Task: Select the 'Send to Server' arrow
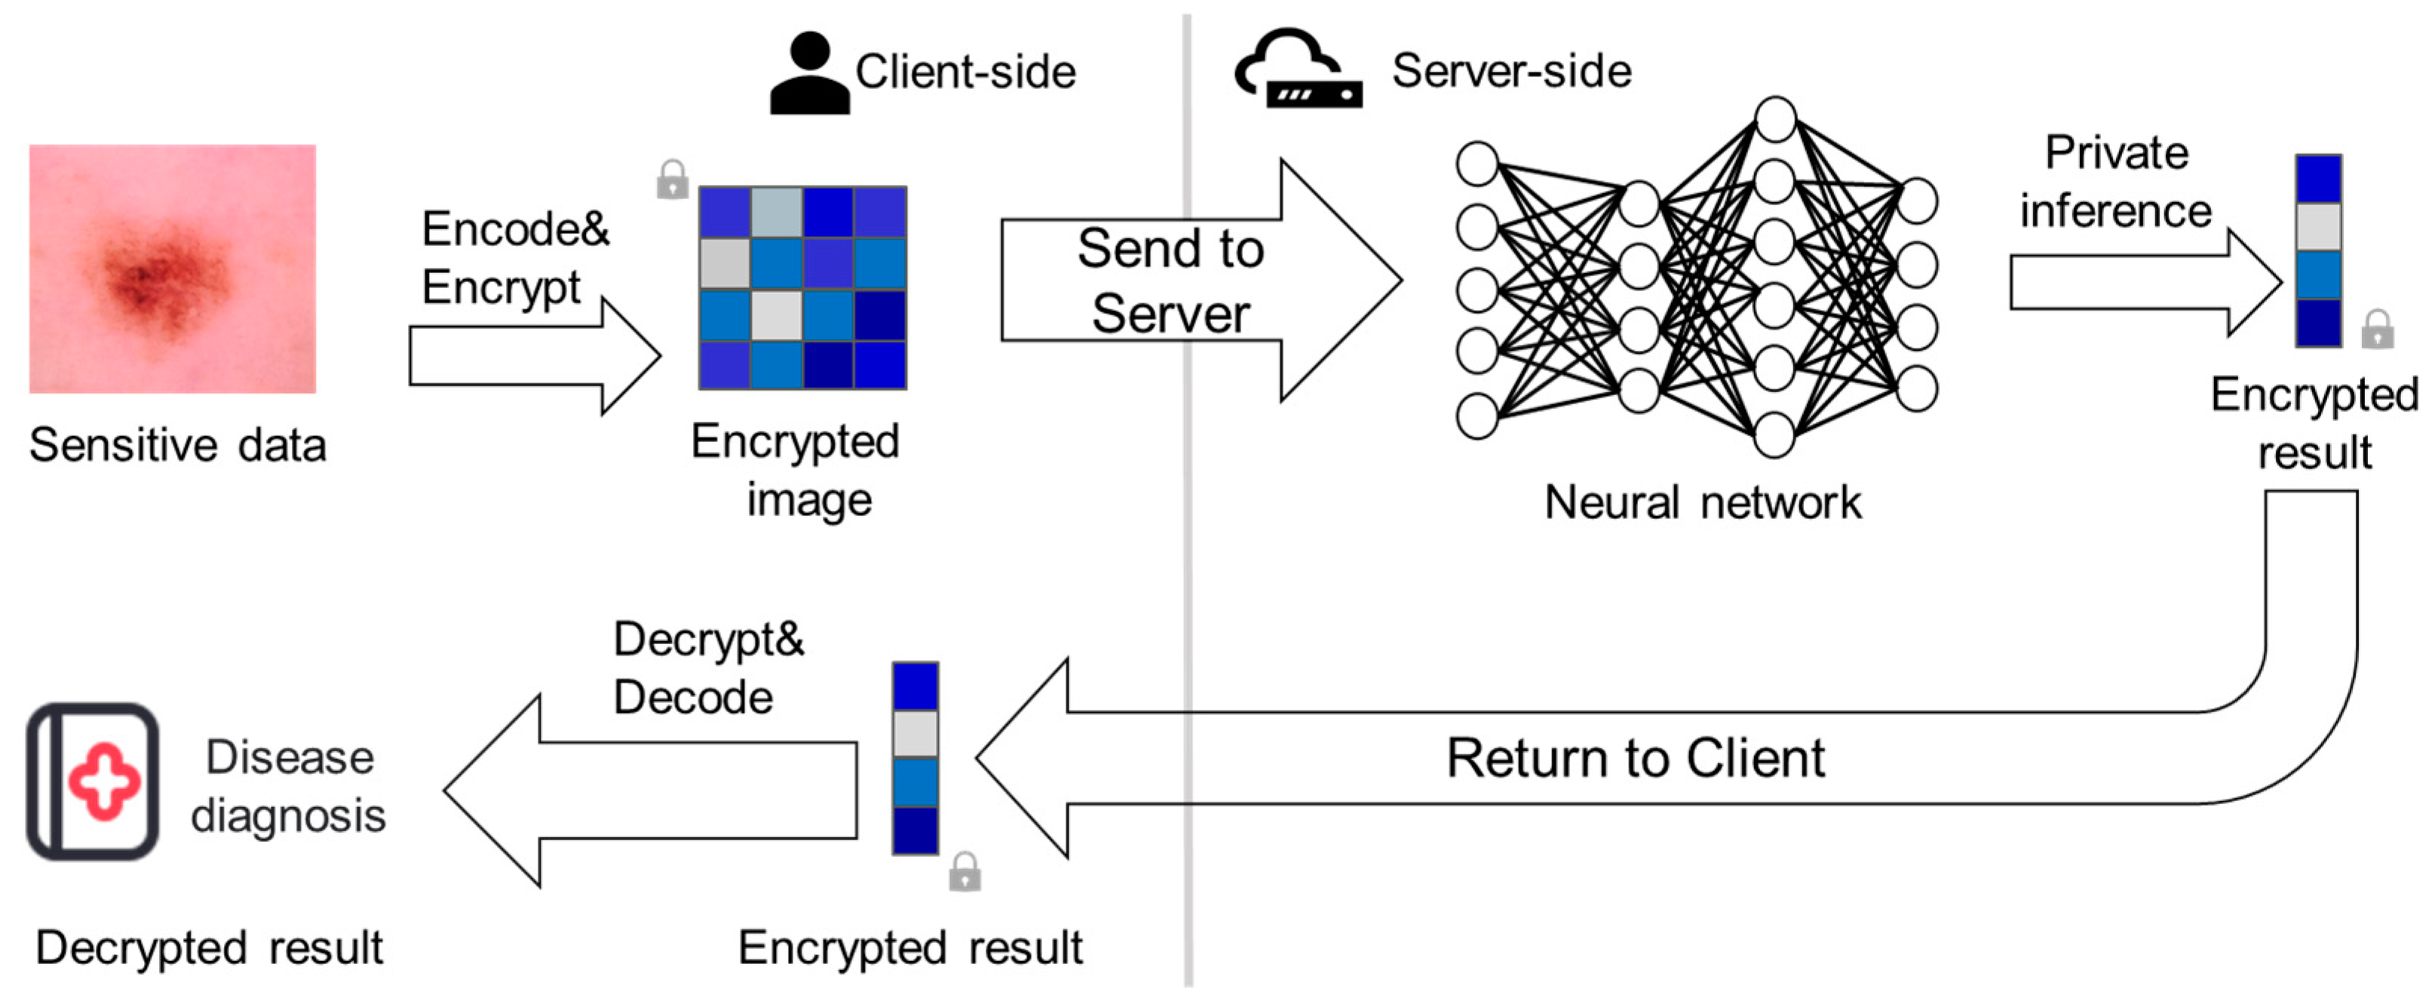click(x=1201, y=281)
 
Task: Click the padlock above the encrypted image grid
click(x=672, y=179)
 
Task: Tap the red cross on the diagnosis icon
click(x=104, y=780)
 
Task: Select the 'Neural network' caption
click(x=1702, y=502)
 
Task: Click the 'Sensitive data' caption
click(x=177, y=445)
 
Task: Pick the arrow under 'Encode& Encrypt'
click(x=535, y=355)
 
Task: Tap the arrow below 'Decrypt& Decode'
click(x=651, y=790)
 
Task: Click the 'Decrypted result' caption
click(x=209, y=947)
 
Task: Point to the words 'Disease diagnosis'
click(x=288, y=786)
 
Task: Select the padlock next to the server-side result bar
click(x=2376, y=329)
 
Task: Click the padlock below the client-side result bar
click(x=964, y=871)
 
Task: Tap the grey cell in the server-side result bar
click(x=2318, y=227)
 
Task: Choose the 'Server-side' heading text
click(x=1511, y=71)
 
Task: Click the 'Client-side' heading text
click(x=965, y=72)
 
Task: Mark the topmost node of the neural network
click(x=1775, y=119)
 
